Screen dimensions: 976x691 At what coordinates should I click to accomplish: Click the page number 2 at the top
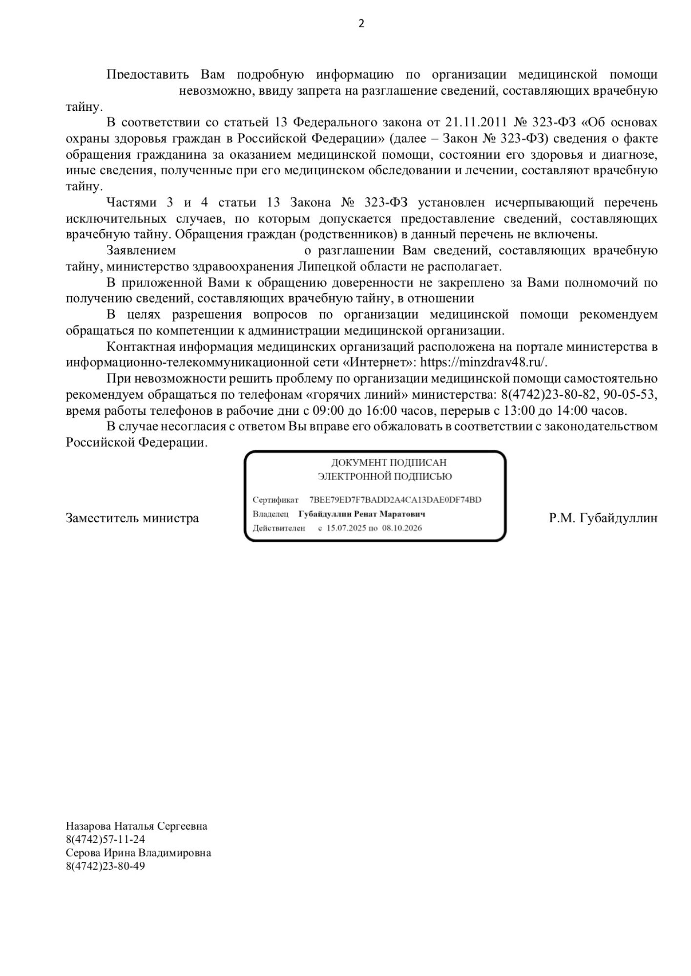pos(361,23)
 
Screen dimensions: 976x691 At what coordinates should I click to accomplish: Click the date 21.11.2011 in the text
pos(475,122)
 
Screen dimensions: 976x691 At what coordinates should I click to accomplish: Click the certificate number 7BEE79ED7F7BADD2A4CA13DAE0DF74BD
pos(396,500)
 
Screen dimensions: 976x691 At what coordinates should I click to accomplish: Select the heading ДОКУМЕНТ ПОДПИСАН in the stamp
pos(389,463)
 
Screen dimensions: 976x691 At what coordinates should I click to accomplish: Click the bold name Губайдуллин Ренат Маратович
pos(362,514)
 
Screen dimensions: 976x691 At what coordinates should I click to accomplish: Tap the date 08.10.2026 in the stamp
pos(402,528)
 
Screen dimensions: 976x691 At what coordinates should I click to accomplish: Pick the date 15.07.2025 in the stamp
pos(347,528)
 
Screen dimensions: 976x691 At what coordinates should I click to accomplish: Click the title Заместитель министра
pos(132,518)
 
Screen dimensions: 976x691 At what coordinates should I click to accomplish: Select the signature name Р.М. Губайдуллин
pos(603,518)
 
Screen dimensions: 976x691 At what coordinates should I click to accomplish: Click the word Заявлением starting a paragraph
pos(141,251)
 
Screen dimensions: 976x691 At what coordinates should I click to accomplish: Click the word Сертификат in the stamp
pos(275,500)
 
